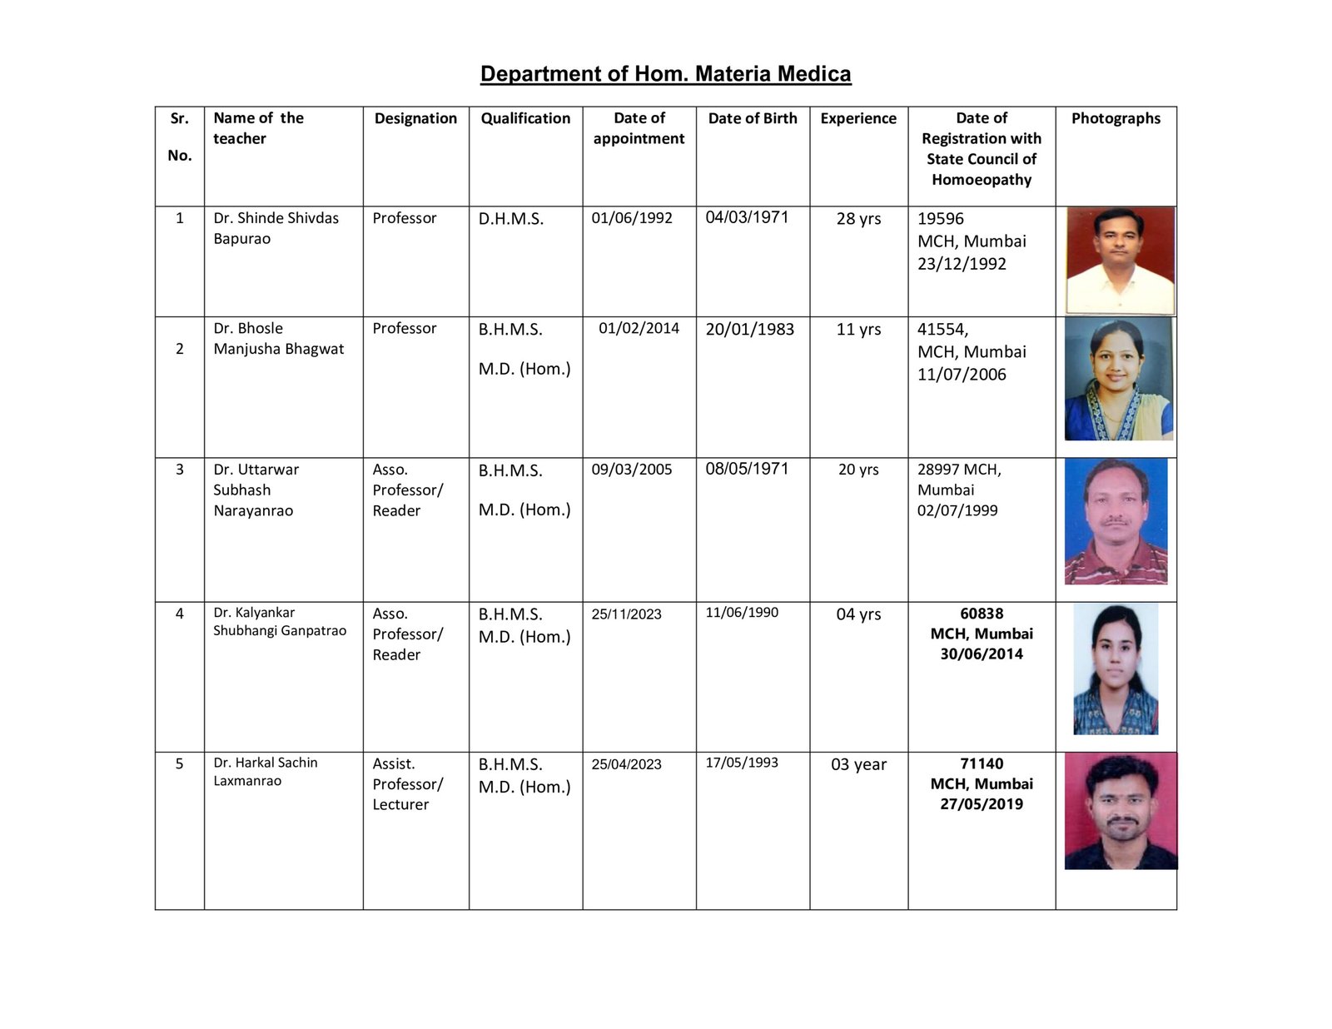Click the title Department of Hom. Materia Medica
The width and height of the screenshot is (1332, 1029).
665,74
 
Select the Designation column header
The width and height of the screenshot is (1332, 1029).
415,118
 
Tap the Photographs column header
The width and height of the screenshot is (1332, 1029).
1116,118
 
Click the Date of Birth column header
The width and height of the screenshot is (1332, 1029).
753,118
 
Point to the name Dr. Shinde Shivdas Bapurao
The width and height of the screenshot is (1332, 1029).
276,228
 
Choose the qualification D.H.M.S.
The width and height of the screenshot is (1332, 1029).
510,219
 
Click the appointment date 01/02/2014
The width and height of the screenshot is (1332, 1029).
639,328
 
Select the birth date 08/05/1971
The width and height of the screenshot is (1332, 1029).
747,469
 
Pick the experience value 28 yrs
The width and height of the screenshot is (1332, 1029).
858,219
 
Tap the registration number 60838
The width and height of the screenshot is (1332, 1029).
982,614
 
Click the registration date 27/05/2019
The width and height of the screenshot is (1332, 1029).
982,804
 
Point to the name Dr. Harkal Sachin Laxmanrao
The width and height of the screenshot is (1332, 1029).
265,772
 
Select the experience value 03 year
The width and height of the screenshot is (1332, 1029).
858,764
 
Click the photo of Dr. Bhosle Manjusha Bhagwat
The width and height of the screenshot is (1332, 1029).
1118,380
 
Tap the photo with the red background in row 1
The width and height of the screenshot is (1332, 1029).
1120,260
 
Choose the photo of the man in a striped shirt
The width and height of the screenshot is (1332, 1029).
1116,521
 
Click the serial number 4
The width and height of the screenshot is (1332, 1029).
179,614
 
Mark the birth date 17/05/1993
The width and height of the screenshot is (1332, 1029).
742,762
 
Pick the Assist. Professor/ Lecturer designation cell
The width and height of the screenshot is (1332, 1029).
407,784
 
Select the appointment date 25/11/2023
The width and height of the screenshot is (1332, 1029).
626,614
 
